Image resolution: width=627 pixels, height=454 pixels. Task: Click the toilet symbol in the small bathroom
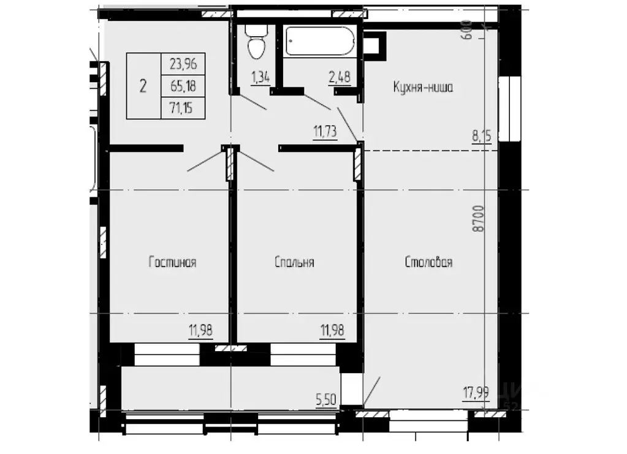tap(254, 43)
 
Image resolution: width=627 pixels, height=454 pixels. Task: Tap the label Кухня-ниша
tap(423, 88)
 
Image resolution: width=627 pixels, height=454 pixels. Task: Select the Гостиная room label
tap(172, 262)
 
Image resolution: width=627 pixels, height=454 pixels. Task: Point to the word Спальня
tap(294, 262)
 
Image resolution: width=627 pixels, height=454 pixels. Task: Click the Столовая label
tap(428, 262)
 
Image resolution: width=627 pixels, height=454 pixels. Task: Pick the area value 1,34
tap(260, 77)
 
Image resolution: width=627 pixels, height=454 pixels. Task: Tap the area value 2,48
tap(340, 77)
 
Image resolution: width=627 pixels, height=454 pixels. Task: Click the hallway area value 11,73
tap(325, 131)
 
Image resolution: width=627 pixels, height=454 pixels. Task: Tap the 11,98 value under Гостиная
tap(201, 331)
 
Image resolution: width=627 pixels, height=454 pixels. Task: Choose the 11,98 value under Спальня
tap(332, 331)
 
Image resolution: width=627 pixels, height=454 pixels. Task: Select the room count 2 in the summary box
tap(143, 86)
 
